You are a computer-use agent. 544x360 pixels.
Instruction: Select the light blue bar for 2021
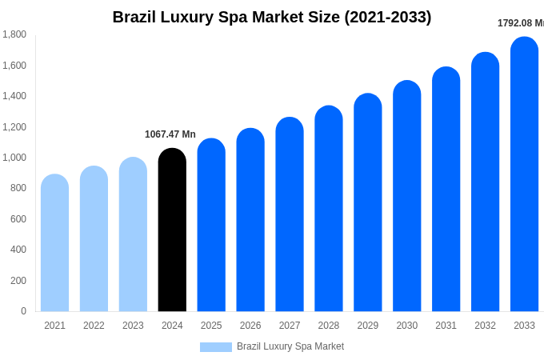point(54,243)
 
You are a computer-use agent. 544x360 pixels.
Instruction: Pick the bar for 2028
point(328,209)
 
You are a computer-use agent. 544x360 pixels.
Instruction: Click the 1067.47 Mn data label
point(170,134)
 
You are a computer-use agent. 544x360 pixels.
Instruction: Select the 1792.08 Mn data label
point(520,23)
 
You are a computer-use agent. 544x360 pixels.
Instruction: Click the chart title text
point(272,17)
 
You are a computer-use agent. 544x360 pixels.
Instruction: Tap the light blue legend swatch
point(215,347)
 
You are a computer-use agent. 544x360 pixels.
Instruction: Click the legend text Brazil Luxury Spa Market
point(290,346)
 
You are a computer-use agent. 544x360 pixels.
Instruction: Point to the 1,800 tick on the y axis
point(14,34)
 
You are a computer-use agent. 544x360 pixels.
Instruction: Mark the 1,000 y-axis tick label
point(14,158)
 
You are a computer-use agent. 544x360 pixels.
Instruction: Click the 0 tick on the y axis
point(23,311)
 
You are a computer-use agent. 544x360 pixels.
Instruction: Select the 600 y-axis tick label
point(18,219)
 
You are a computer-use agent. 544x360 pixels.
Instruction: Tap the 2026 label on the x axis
point(250,326)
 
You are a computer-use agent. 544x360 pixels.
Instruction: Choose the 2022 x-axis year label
point(94,326)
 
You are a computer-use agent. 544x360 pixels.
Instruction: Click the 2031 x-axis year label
point(446,326)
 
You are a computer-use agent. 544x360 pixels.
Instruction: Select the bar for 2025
point(211,226)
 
